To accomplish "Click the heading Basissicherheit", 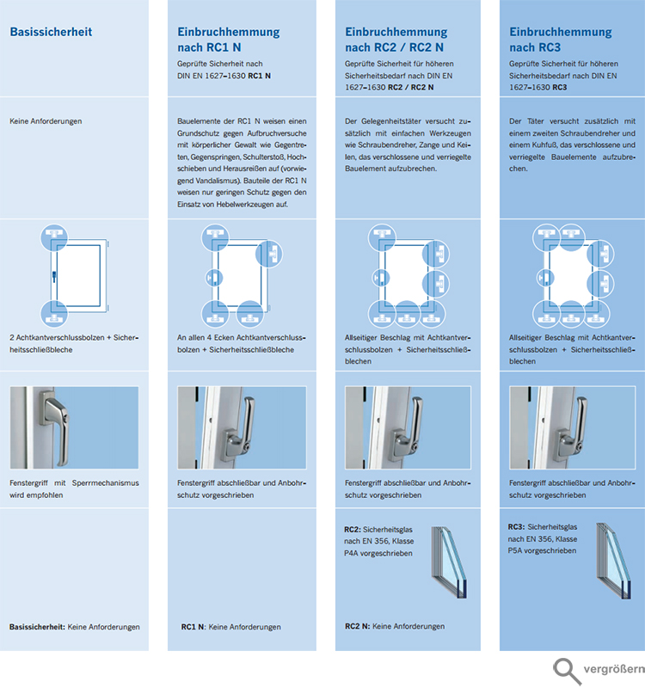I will (x=50, y=33).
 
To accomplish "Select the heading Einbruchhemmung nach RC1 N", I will (x=222, y=40).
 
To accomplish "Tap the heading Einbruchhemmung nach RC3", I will (x=560, y=40).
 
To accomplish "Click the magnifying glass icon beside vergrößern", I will (x=565, y=670).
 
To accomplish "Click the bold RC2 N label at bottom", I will (x=358, y=627).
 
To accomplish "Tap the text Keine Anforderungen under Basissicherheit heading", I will (x=46, y=121).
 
